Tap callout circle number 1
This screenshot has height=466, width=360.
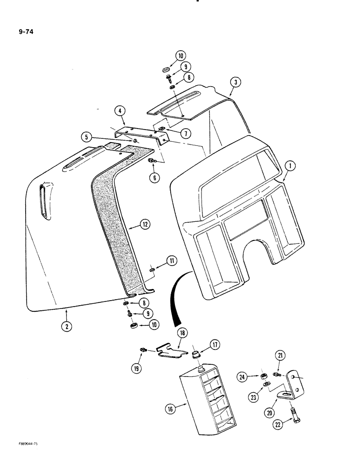pos(290,164)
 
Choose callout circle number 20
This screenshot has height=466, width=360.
pos(270,411)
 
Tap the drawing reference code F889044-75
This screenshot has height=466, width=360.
pos(22,445)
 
